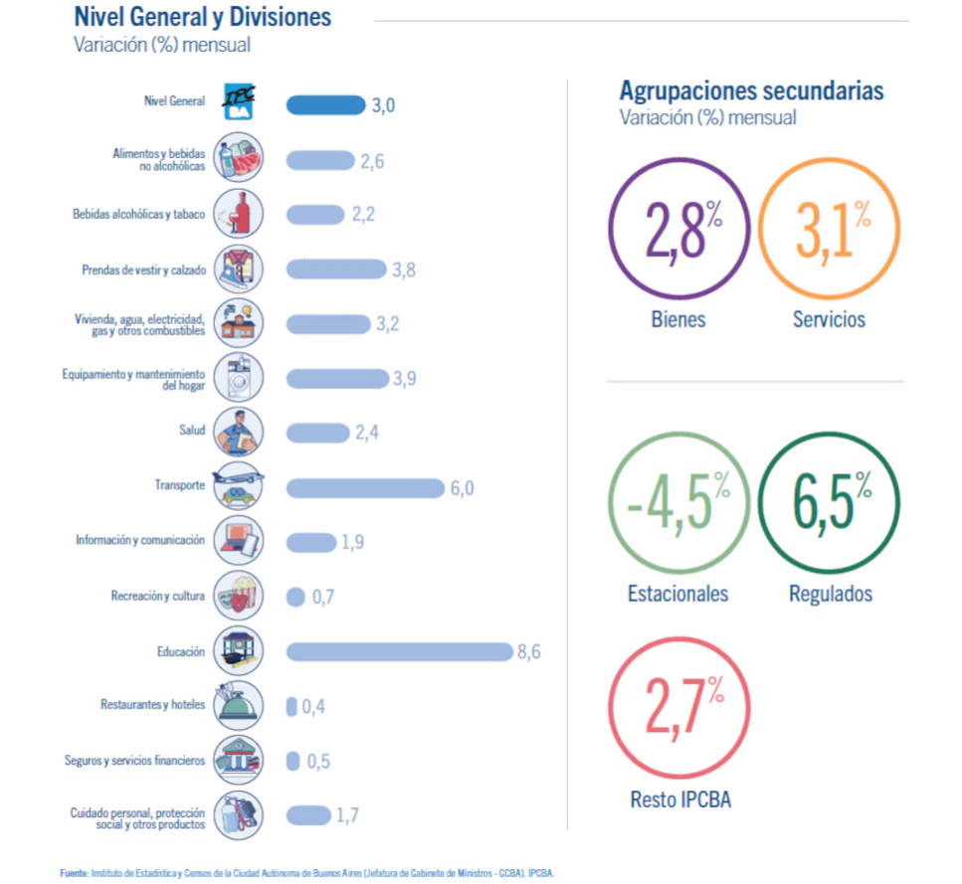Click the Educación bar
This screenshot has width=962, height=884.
coord(399,651)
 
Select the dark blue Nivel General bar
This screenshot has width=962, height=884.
coord(325,104)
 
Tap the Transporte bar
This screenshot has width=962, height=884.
coord(365,487)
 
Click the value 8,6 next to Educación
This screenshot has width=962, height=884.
coord(528,652)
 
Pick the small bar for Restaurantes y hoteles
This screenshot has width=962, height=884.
coord(291,706)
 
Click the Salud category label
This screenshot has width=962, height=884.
coord(192,431)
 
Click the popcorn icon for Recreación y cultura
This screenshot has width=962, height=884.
coord(239,596)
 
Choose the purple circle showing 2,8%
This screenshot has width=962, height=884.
coord(679,230)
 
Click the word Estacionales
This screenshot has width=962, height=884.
coord(677,594)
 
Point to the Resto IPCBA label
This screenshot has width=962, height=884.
coord(680,798)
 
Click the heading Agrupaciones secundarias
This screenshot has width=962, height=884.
coord(751,90)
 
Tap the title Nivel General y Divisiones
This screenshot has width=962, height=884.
coord(203,17)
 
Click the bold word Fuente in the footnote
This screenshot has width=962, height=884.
coord(75,872)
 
